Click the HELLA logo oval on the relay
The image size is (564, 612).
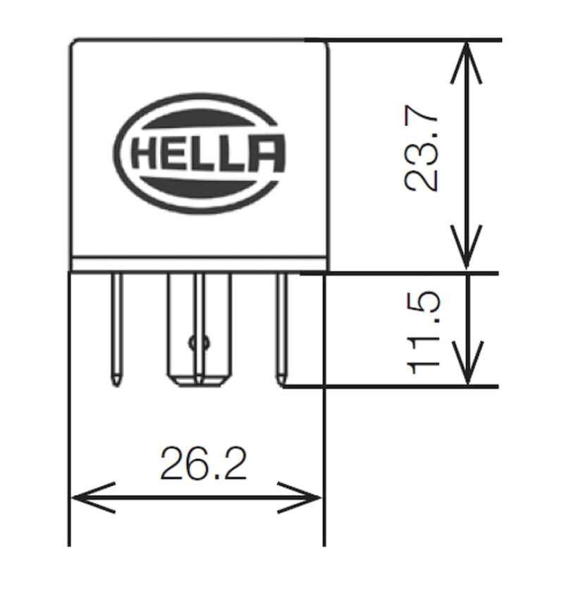(x=200, y=153)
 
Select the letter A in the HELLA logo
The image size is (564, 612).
(x=269, y=154)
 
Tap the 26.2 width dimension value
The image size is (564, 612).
(x=203, y=463)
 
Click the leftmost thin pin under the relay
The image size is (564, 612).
(x=117, y=324)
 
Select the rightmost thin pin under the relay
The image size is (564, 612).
(x=281, y=324)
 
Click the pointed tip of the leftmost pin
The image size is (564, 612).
(x=117, y=381)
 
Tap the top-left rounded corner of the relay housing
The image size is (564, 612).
(x=75, y=46)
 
